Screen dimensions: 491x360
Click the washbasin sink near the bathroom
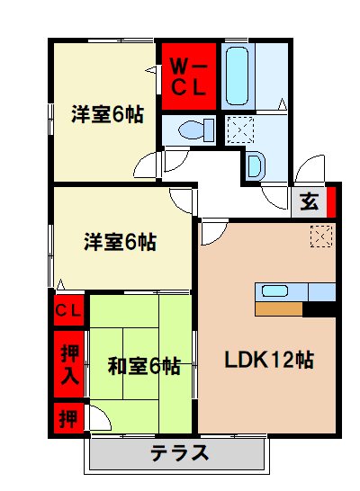pyautogui.click(x=255, y=165)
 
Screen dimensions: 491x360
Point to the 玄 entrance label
pyautogui.click(x=308, y=201)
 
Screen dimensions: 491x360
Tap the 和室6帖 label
pyautogui.click(x=144, y=366)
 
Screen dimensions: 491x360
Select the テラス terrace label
pyautogui.click(x=180, y=452)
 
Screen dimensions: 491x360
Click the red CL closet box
pyautogui.click(x=68, y=311)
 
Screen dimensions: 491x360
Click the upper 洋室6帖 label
pyautogui.click(x=106, y=114)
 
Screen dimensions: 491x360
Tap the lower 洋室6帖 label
pyautogui.click(x=120, y=241)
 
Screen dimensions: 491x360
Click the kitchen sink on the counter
pyautogui.click(x=274, y=290)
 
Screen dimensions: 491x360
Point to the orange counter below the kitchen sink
pyautogui.click(x=278, y=308)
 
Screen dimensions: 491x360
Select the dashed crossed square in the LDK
pyautogui.click(x=320, y=237)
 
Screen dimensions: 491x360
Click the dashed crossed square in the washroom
pyautogui.click(x=238, y=129)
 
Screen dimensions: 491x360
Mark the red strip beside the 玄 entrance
pyautogui.click(x=330, y=201)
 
